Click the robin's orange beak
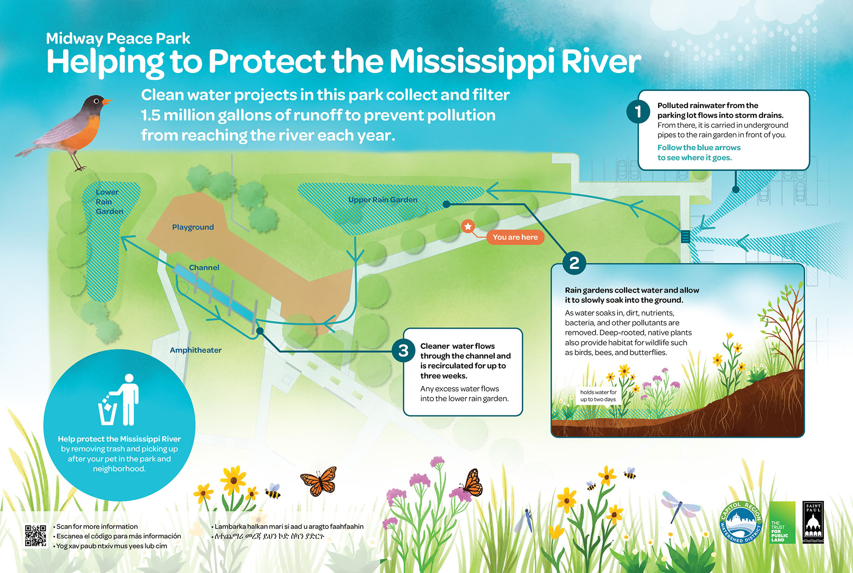tap(107, 102)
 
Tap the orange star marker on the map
tap(468, 226)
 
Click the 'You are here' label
tap(515, 237)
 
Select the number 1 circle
tap(638, 112)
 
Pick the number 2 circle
tap(574, 263)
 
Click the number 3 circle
tap(403, 351)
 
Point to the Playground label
tap(193, 227)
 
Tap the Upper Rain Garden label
tap(383, 200)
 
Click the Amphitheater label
tap(196, 350)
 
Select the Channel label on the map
tap(204, 268)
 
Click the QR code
tap(35, 535)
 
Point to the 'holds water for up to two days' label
tap(598, 396)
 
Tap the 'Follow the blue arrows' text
tap(699, 148)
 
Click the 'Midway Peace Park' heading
tap(118, 38)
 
